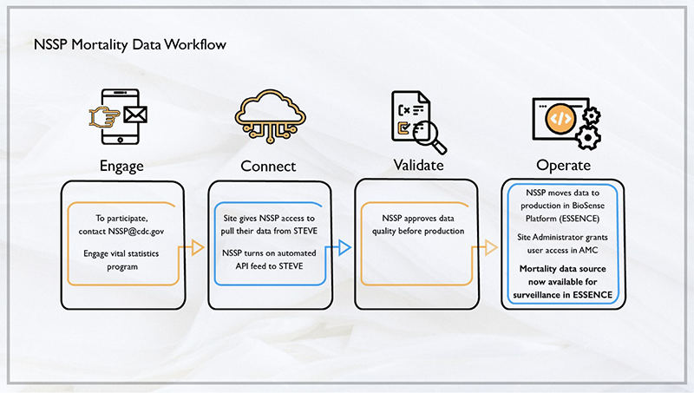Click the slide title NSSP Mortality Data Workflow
(130, 43)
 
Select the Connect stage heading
(267, 166)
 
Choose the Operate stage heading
(563, 165)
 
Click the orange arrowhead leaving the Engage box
(198, 250)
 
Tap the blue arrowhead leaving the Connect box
(344, 250)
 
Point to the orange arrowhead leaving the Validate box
(491, 250)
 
